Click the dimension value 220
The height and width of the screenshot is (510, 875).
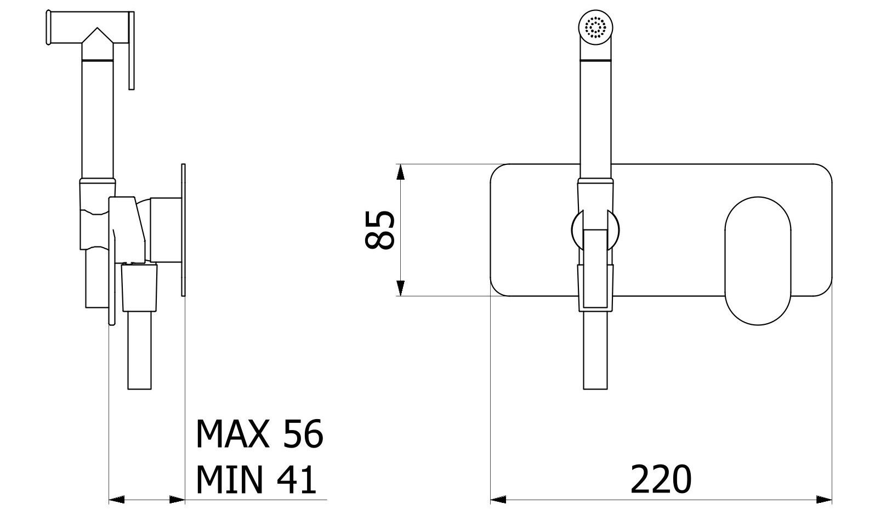pyautogui.click(x=661, y=479)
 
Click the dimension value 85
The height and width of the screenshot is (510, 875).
pyautogui.click(x=379, y=230)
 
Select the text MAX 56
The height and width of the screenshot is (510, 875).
pyautogui.click(x=260, y=434)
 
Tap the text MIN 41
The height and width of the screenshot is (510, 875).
pyautogui.click(x=257, y=479)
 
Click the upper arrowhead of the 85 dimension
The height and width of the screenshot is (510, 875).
pyautogui.click(x=401, y=172)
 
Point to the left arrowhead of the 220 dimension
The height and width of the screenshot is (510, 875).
pyautogui.click(x=497, y=500)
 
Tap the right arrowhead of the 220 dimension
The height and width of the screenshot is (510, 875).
pyautogui.click(x=825, y=500)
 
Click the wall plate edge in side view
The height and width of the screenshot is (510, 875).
pyautogui.click(x=184, y=230)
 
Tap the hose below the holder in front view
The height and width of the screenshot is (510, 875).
pyautogui.click(x=595, y=351)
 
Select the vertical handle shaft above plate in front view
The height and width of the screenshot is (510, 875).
pyautogui.click(x=595, y=110)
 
